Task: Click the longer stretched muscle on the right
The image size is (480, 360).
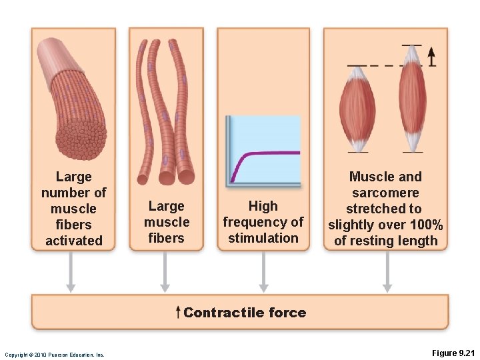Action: (x=412, y=97)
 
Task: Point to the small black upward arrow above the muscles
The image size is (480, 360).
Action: (x=431, y=57)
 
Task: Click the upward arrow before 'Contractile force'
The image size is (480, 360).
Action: (x=177, y=312)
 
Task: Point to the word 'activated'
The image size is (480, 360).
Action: (x=73, y=241)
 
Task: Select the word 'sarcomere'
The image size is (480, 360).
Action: (x=385, y=193)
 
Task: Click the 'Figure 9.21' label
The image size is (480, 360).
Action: (x=451, y=353)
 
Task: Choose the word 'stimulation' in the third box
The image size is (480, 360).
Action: (x=263, y=238)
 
